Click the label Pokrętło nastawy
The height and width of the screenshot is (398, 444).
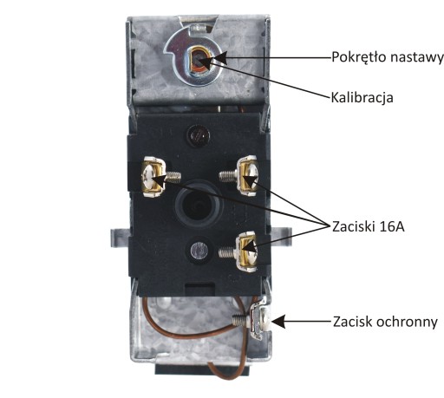pos(388,57)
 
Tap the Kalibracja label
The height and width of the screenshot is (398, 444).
pos(362,97)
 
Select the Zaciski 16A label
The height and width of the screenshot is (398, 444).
pos(369,226)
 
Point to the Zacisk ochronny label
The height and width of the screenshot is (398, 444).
pos(385,322)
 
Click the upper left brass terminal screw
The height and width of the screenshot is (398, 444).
pos(153,177)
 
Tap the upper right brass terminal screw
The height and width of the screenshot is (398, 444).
pos(246,176)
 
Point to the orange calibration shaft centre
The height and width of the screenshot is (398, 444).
pos(199,62)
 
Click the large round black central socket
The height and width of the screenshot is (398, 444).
pos(199,204)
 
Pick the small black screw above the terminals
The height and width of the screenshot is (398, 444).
pos(199,135)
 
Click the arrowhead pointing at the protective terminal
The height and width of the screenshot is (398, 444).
pos(278,322)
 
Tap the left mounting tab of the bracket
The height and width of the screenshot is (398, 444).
pos(120,237)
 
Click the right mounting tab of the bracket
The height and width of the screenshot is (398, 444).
pos(281,237)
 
